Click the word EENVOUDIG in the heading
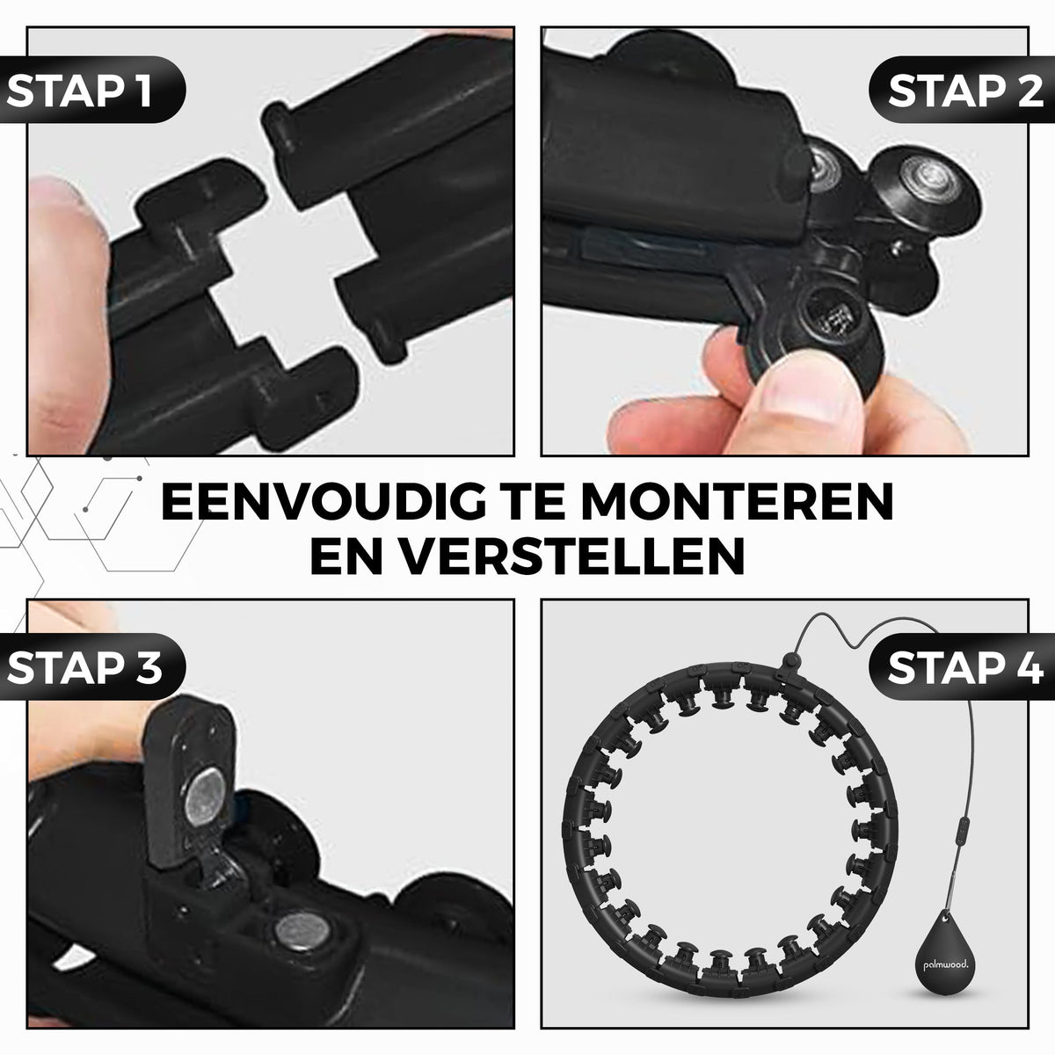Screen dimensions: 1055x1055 323,501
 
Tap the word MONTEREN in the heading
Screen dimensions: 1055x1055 738,501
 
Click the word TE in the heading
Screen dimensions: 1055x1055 533,501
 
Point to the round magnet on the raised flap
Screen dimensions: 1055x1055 204,797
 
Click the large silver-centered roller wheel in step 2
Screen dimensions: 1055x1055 925,182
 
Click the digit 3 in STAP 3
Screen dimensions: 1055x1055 148,667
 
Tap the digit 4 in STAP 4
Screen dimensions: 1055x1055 1028,667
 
